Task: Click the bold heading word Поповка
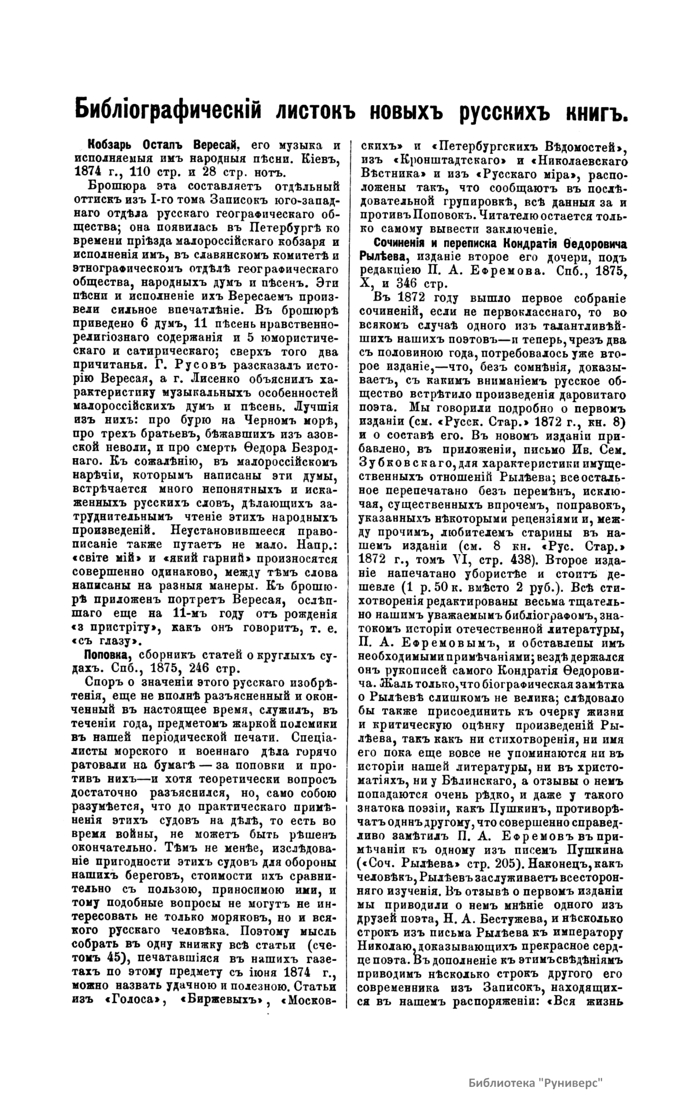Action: [105, 656]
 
